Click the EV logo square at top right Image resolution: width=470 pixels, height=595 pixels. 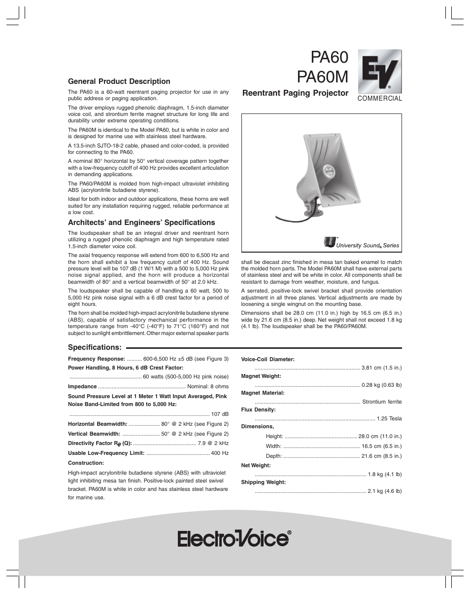pyautogui.click(x=379, y=71)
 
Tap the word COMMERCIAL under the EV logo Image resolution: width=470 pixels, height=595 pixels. pyautogui.click(x=379, y=99)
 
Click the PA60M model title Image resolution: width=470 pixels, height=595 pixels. pyautogui.click(x=323, y=76)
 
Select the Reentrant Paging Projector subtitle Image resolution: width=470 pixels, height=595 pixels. pyautogui.click(x=295, y=93)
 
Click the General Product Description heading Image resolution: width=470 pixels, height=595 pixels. pyautogui.click(x=119, y=81)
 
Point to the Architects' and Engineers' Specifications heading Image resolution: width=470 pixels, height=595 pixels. pyautogui.click(x=141, y=223)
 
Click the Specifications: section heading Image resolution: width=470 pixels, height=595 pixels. pyautogui.click(x=95, y=348)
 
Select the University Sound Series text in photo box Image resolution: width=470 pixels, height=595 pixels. pyautogui.click(x=367, y=245)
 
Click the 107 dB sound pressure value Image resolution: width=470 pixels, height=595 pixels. pyautogui.click(x=220, y=414)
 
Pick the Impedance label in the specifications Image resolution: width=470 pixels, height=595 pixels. pyautogui.click(x=82, y=386)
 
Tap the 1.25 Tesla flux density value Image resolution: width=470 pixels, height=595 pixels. pyautogui.click(x=389, y=418)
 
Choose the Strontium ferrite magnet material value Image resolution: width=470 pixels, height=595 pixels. pyautogui.click(x=382, y=402)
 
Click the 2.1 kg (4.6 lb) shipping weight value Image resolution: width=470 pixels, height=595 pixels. pyautogui.click(x=385, y=491)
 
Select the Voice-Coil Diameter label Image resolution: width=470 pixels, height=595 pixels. pyautogui.click(x=268, y=359)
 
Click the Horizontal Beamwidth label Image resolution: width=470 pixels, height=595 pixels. pyautogui.click(x=98, y=424)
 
